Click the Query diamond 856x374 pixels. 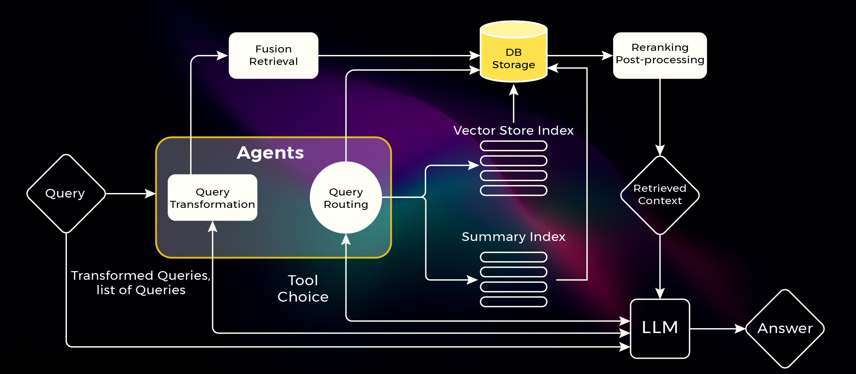coord(66,193)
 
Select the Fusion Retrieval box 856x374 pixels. coord(273,55)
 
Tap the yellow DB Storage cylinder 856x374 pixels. coord(513,54)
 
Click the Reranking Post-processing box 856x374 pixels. coord(659,55)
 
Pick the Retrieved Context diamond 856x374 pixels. coord(659,195)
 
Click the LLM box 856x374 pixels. coord(659,328)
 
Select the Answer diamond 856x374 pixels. coord(785,329)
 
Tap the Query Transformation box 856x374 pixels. coord(212,198)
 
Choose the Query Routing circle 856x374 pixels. coord(346,198)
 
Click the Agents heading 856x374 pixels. coord(270,153)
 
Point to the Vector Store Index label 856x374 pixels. coord(513,131)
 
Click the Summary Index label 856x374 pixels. coord(513,237)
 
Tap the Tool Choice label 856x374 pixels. coord(303,288)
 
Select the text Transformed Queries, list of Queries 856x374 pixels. coord(141,283)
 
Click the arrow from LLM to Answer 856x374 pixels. coord(717,329)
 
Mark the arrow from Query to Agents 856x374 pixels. coord(130,193)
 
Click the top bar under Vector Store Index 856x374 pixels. coord(513,146)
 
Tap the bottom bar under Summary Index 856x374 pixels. coord(513,302)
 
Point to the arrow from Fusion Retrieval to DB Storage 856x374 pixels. coord(398,55)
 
